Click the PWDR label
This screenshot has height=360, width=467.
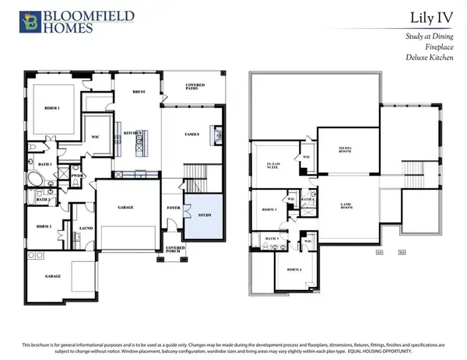coord(78,176)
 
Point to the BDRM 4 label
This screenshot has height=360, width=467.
coord(295,270)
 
